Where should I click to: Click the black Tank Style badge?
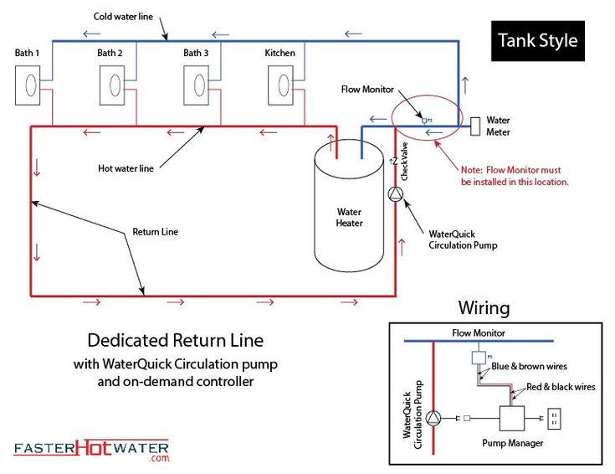pyautogui.click(x=537, y=40)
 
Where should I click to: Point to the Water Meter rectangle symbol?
pyautogui.click(x=474, y=126)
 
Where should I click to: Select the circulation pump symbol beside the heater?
pyautogui.click(x=396, y=193)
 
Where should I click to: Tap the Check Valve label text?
pyautogui.click(x=405, y=162)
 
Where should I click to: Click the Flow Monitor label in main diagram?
pyautogui.click(x=367, y=90)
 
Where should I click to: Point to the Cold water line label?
pyautogui.click(x=122, y=17)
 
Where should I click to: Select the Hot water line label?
pyautogui.click(x=126, y=167)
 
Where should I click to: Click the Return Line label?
pyautogui.click(x=155, y=232)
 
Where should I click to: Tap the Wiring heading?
pyautogui.click(x=484, y=308)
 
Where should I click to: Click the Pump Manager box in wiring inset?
pyautogui.click(x=510, y=418)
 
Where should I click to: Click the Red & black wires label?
pyautogui.click(x=561, y=387)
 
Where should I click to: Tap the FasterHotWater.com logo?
pyautogui.click(x=90, y=450)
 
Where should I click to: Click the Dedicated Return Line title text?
pyautogui.click(x=176, y=341)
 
